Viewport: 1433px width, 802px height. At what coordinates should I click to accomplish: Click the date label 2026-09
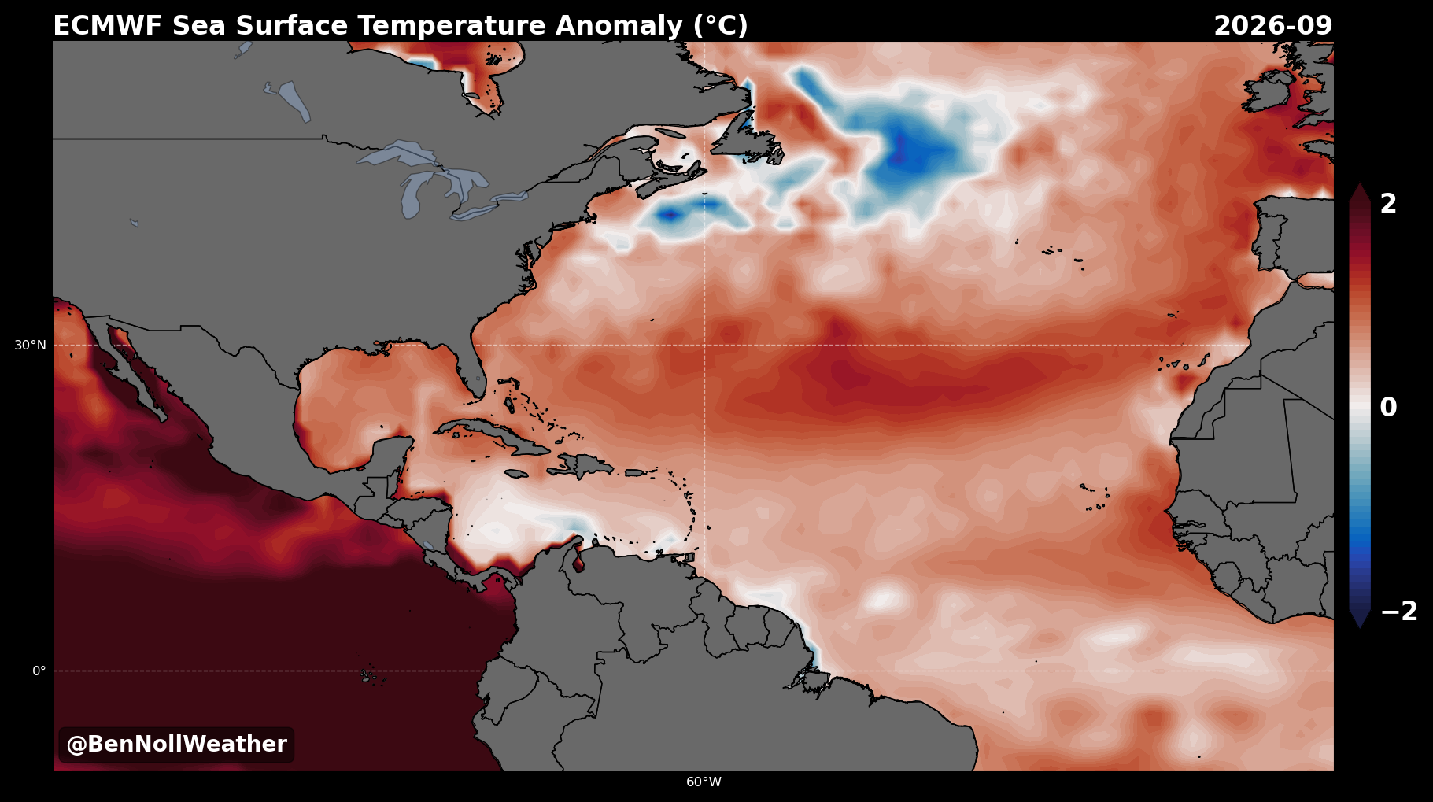coord(1273,26)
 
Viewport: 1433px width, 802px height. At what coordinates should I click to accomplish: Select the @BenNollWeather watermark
coord(176,745)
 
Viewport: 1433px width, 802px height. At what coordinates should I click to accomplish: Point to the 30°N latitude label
coord(30,345)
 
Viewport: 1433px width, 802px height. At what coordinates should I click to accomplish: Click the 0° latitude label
coord(39,671)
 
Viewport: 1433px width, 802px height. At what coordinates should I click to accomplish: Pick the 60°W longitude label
coord(704,782)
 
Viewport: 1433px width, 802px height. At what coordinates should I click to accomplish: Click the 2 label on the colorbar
coord(1388,204)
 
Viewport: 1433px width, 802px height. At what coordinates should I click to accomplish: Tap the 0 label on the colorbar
coord(1388,408)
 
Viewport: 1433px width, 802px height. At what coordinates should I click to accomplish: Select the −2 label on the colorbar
coord(1399,612)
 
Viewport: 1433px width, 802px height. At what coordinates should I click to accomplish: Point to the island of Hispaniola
coord(581,466)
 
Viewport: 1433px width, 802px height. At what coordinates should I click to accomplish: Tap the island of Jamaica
coord(516,474)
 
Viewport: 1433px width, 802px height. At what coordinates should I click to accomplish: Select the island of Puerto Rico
coord(636,473)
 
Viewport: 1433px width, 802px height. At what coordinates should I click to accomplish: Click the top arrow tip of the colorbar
coord(1360,183)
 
